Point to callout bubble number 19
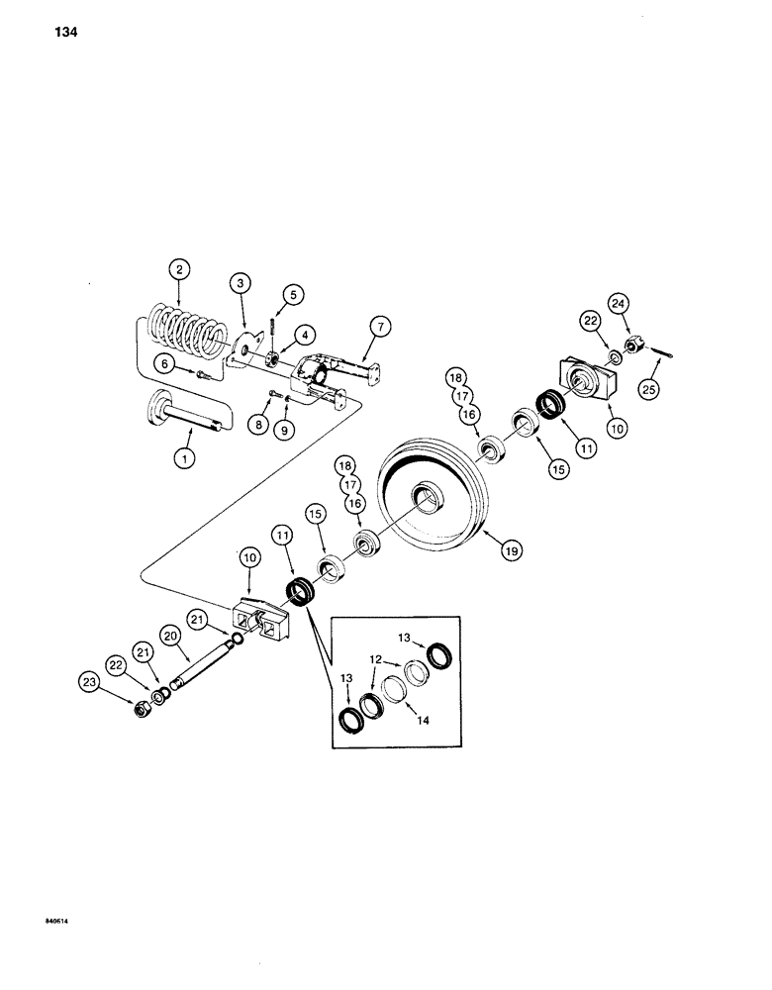click(511, 547)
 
